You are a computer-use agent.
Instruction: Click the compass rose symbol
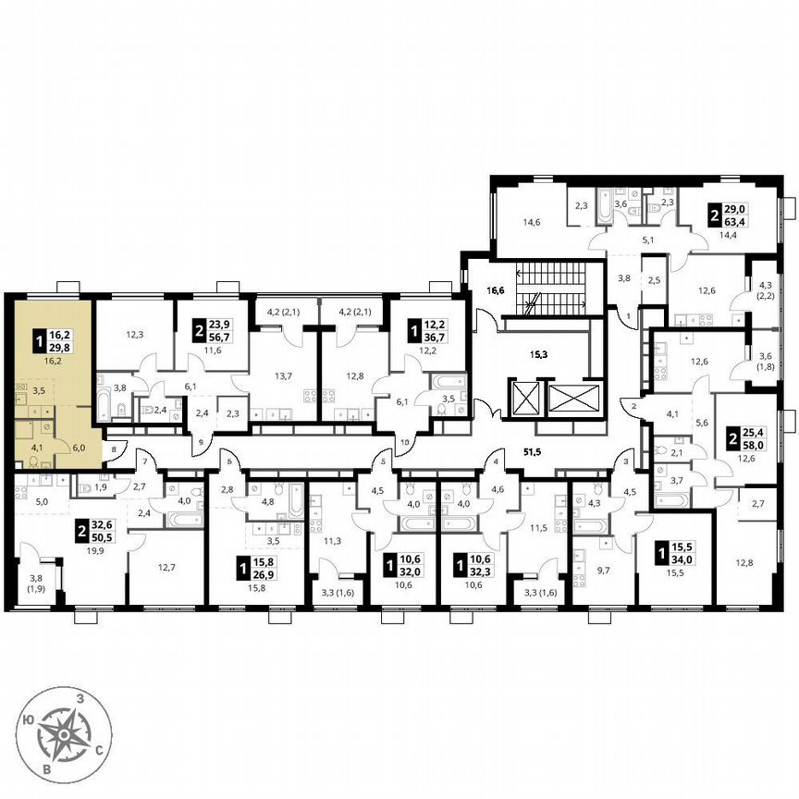(x=64, y=736)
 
